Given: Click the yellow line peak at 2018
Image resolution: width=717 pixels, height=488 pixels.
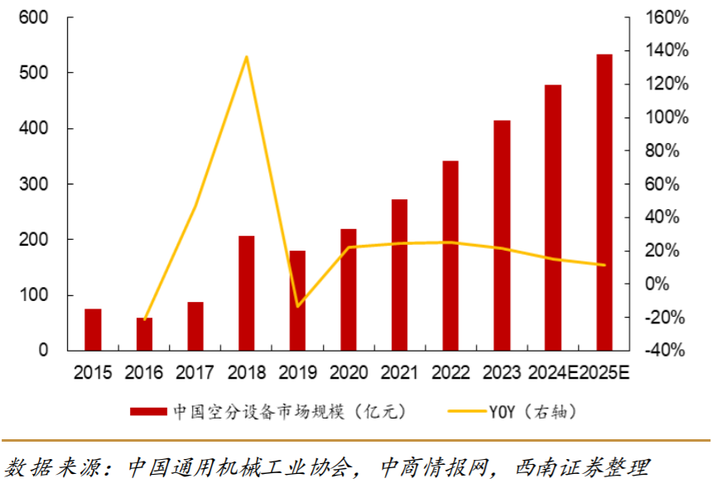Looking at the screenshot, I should point(247,57).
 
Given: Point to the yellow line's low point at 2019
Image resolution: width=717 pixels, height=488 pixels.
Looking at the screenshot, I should point(297,307).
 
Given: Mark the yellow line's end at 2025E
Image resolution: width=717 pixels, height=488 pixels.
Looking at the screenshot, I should point(604,266).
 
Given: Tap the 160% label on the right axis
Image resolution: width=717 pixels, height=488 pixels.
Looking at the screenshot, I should point(667,17).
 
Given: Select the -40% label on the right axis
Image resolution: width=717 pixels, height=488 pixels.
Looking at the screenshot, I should point(667,350).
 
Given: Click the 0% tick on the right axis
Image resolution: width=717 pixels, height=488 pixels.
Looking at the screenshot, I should point(672,284).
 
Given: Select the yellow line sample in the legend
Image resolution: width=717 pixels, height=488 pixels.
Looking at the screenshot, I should point(467,411).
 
